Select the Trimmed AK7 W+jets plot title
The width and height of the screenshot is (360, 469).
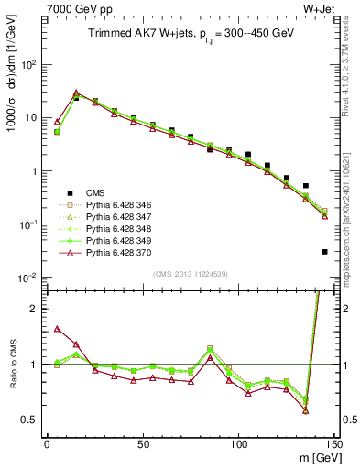190,35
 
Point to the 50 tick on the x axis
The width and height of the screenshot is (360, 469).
143,444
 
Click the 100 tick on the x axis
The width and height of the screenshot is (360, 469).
238,444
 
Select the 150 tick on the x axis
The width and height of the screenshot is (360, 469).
333,444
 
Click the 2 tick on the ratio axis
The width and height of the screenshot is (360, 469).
37,309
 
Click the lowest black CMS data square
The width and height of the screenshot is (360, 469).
325,252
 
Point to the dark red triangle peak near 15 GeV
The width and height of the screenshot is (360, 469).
76,93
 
